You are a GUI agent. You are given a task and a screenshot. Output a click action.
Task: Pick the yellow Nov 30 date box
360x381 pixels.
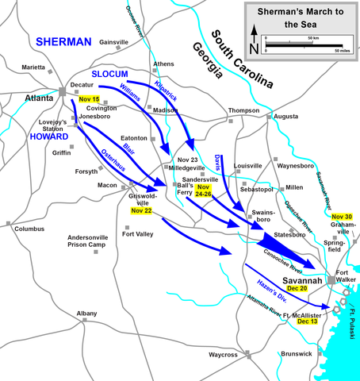coord(342,217)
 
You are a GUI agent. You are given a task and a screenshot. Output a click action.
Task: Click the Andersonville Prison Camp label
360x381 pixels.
coord(93,241)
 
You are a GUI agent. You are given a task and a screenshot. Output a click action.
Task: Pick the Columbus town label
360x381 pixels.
coord(29,229)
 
